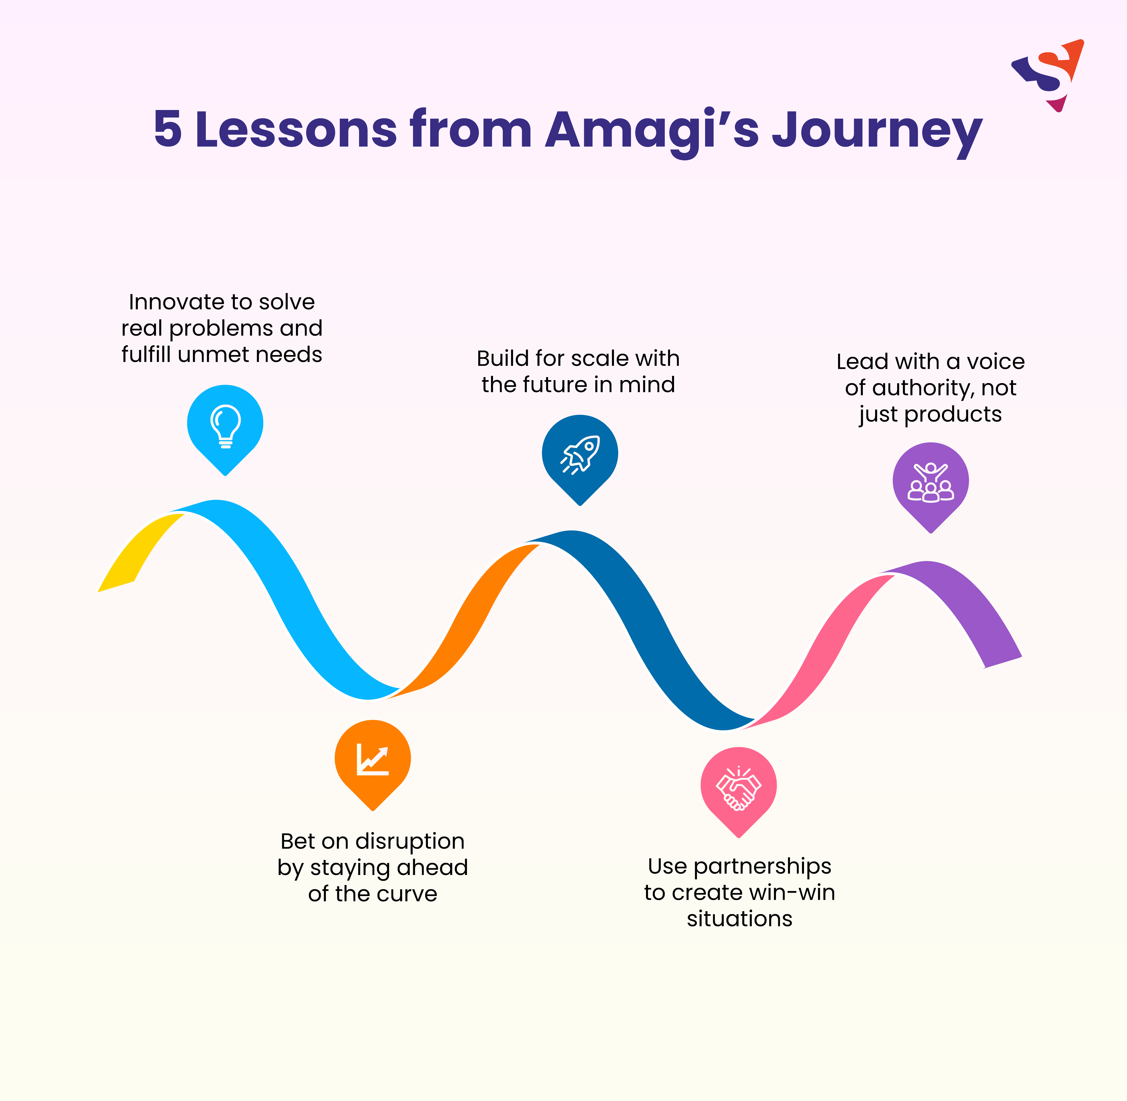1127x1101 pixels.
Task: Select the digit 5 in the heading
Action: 168,128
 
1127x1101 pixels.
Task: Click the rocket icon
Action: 580,455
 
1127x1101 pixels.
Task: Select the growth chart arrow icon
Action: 373,759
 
